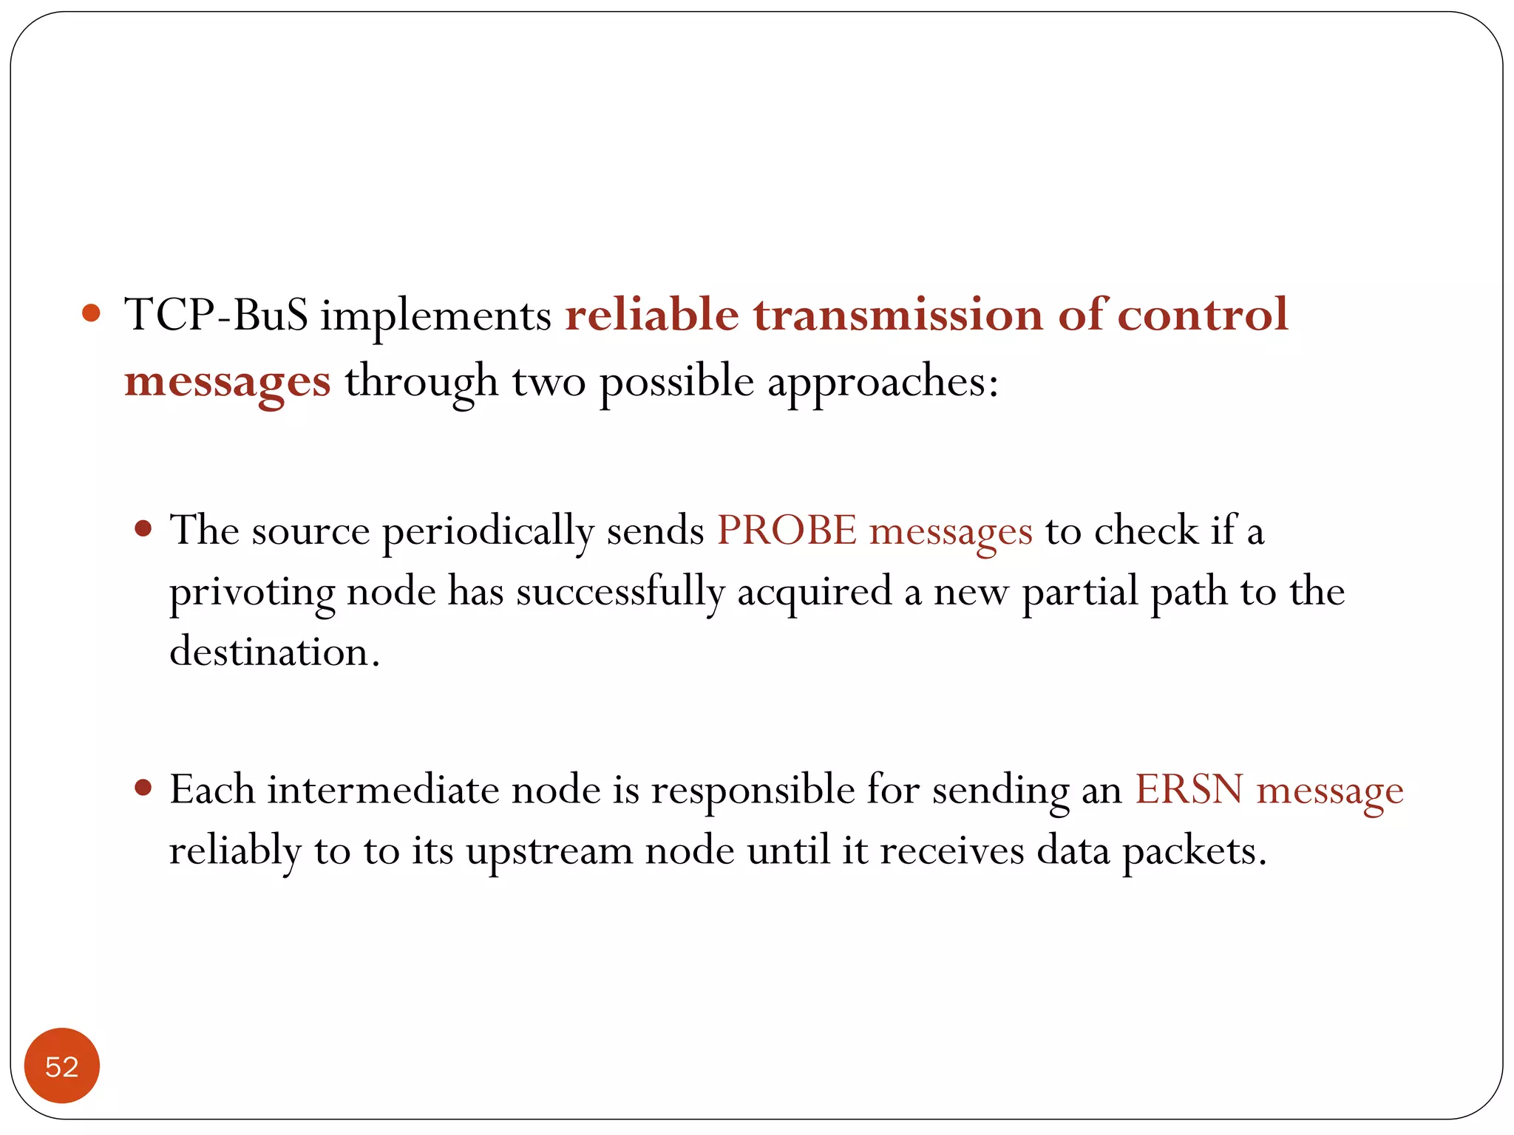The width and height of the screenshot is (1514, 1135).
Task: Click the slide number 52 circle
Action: click(x=62, y=1066)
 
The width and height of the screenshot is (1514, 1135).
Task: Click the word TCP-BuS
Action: click(x=216, y=315)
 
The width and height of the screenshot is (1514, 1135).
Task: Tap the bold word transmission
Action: click(x=898, y=315)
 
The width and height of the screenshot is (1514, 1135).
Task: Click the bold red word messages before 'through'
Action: click(x=227, y=383)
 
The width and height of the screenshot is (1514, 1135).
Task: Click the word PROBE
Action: click(x=787, y=531)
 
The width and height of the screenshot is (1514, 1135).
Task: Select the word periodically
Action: click(x=488, y=532)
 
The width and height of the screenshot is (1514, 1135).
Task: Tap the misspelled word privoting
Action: click(x=251, y=593)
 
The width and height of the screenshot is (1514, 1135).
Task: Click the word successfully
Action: click(x=619, y=593)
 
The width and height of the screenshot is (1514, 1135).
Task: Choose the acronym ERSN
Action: click(x=1189, y=789)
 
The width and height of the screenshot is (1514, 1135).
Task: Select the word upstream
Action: click(x=549, y=851)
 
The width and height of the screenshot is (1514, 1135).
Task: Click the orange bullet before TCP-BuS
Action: click(x=91, y=313)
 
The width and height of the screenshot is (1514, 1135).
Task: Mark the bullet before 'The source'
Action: click(x=143, y=529)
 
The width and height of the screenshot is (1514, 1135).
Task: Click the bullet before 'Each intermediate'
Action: click(x=143, y=788)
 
